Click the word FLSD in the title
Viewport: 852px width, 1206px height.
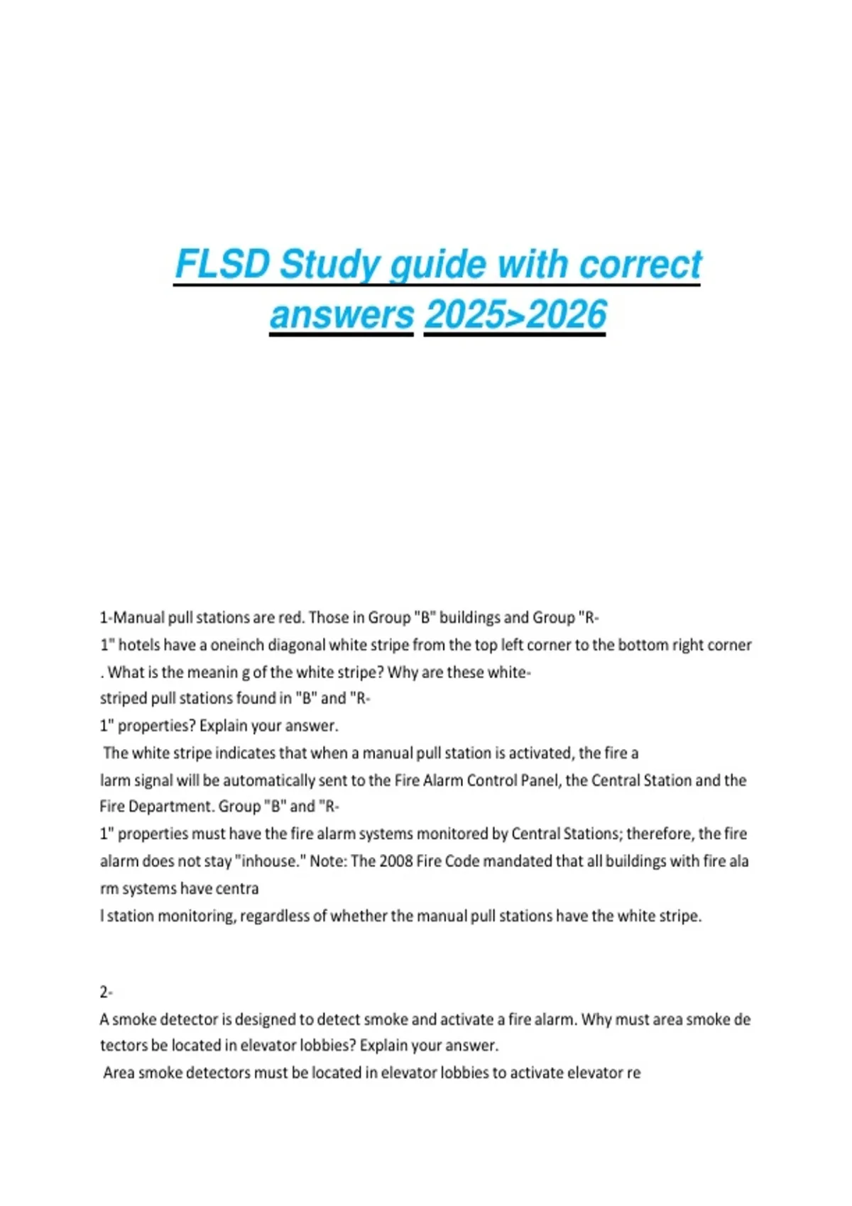pyautogui.click(x=223, y=265)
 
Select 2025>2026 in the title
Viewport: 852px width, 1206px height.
pyautogui.click(x=515, y=314)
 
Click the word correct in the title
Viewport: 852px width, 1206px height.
pyautogui.click(x=640, y=265)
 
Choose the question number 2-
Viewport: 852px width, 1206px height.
pyautogui.click(x=106, y=992)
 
